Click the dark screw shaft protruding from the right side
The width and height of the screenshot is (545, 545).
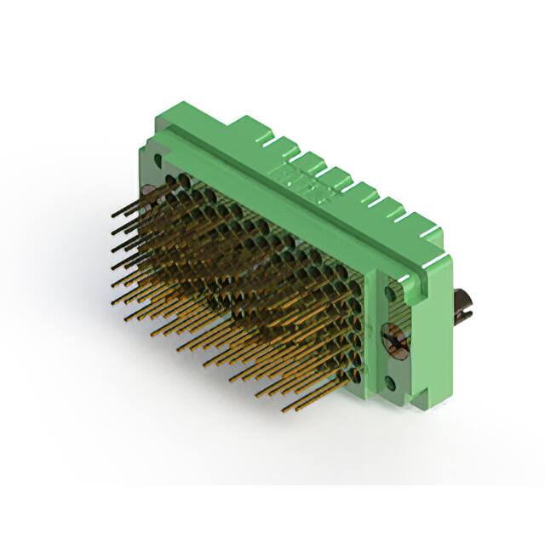pos(462,303)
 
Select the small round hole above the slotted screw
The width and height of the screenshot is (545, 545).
pos(393,293)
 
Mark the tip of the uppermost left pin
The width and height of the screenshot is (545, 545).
pos(114,216)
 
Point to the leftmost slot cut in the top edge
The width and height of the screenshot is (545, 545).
pos(262,134)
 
